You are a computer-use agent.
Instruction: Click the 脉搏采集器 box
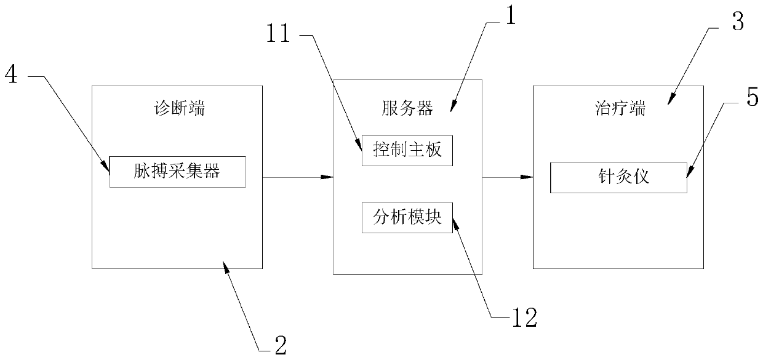[177, 172]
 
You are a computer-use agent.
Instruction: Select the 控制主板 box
[407, 150]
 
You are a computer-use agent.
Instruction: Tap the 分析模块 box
[407, 217]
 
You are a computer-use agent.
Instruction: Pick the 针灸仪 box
[618, 178]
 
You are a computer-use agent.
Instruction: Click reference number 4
[13, 75]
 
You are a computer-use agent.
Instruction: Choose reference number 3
[736, 22]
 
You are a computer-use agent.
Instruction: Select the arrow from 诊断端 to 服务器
[298, 178]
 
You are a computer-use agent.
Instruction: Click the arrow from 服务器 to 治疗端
[508, 178]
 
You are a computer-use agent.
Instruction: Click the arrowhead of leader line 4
[107, 164]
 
